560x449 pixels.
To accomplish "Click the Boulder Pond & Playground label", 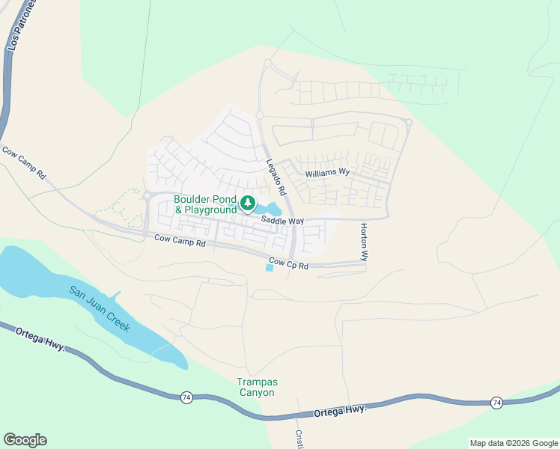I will [205, 204].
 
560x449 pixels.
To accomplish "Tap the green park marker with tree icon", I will [247, 203].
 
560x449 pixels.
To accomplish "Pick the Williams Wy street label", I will [328, 173].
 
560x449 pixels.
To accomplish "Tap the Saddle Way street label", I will [282, 221].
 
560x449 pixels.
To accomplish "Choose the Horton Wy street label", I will [364, 241].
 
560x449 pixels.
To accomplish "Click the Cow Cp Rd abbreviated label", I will [289, 263].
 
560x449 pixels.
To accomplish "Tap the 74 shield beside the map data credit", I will [496, 403].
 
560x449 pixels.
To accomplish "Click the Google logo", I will [25, 440].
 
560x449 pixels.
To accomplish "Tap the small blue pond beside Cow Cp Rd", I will [270, 267].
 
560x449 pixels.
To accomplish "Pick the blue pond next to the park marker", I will [267, 207].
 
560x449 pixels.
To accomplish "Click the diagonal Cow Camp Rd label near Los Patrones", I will [24, 162].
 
